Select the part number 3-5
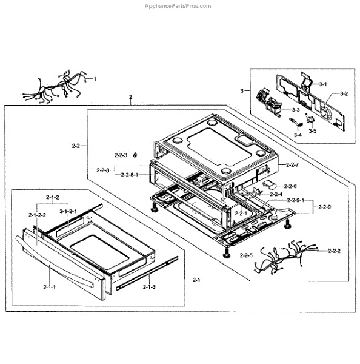click(312, 130)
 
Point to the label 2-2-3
click(122, 155)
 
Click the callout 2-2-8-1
click(130, 175)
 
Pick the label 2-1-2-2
click(37, 215)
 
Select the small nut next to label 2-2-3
click(136, 155)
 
